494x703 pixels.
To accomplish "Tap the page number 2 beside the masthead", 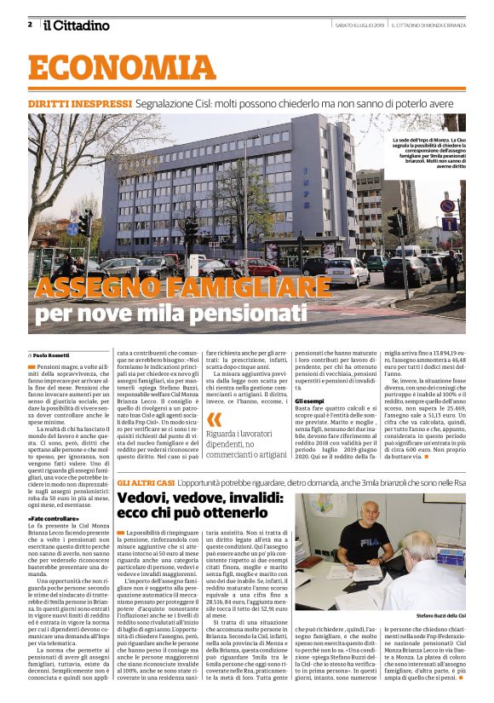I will pos(30,24).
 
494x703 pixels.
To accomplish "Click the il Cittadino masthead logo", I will pos(77,26).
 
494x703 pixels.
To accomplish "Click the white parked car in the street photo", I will pos(346,271).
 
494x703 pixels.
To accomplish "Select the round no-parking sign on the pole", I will pos(447,206).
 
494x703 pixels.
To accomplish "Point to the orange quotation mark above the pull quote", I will pos(214,419).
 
